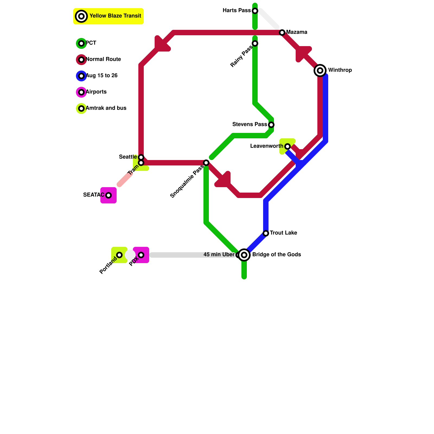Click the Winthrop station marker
pos(320,71)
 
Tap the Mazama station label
pos(296,32)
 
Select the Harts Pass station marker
pos(255,11)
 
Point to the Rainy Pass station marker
pos(255,43)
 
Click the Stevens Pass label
pos(250,125)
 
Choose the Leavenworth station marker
pos(288,146)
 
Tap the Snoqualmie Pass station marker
pos(206,163)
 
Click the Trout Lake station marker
pos(266,233)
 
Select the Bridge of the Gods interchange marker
pos(244,255)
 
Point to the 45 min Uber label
pos(219,255)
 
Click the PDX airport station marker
pos(141,255)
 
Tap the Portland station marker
pos(119,255)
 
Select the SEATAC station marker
pos(108,195)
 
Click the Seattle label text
pos(128,157)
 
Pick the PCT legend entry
pos(91,43)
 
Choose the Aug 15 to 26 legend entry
pos(101,76)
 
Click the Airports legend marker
pos(81,92)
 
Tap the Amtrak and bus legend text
pos(106,108)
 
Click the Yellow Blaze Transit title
pos(115,16)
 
